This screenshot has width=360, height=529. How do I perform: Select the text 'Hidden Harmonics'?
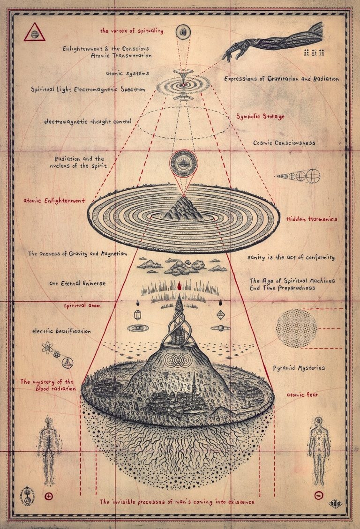coord(312,219)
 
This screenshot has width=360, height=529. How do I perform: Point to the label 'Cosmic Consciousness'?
coord(284,142)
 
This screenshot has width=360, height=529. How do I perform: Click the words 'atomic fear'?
coord(302,395)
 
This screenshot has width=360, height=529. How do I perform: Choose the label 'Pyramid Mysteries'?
coord(299,368)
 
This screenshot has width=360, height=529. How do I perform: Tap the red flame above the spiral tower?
coord(180,284)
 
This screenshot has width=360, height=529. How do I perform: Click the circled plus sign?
coord(48,495)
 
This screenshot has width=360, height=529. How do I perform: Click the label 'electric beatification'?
coord(61,331)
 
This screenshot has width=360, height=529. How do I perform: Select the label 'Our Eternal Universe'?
coord(77,283)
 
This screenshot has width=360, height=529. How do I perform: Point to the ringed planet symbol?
coord(219,328)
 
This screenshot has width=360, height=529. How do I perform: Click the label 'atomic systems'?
coord(127,74)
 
